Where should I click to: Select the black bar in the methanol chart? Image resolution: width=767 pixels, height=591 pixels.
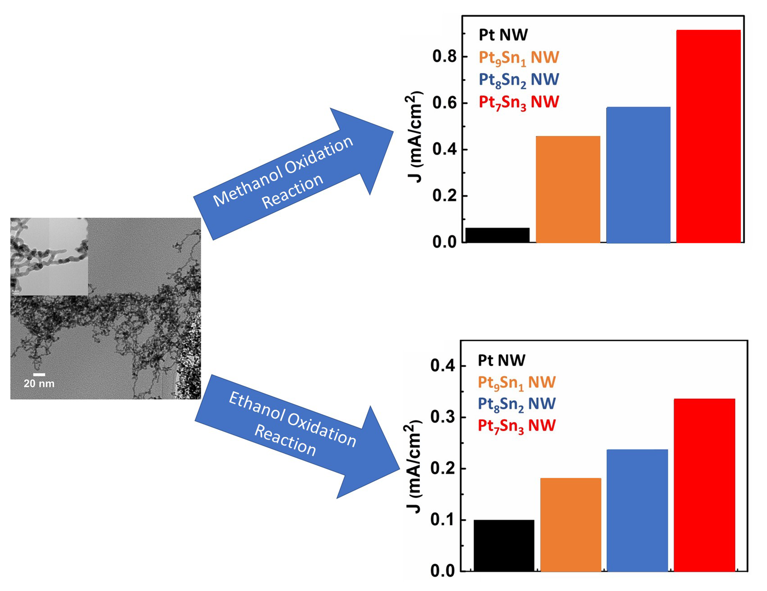[x=498, y=235]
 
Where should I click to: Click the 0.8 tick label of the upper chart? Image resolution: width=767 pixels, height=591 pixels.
[x=444, y=57]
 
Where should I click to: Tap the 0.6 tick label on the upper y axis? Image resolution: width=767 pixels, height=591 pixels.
[x=444, y=103]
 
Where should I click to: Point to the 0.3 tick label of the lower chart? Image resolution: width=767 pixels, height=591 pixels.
[x=442, y=418]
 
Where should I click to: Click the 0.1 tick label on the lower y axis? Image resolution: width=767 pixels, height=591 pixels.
[x=442, y=520]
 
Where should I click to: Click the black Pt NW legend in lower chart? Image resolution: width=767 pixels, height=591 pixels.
[x=501, y=361]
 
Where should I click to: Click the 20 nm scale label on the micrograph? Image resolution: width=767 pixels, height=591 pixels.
[x=39, y=383]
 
